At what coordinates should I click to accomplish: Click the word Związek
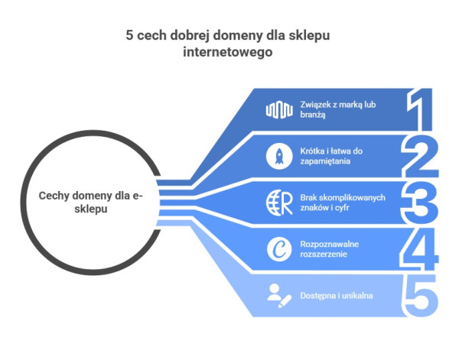click(x=313, y=105)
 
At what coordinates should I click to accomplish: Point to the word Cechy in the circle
click(x=56, y=196)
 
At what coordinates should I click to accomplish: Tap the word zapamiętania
click(x=322, y=161)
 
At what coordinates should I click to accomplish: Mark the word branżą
click(x=312, y=115)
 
